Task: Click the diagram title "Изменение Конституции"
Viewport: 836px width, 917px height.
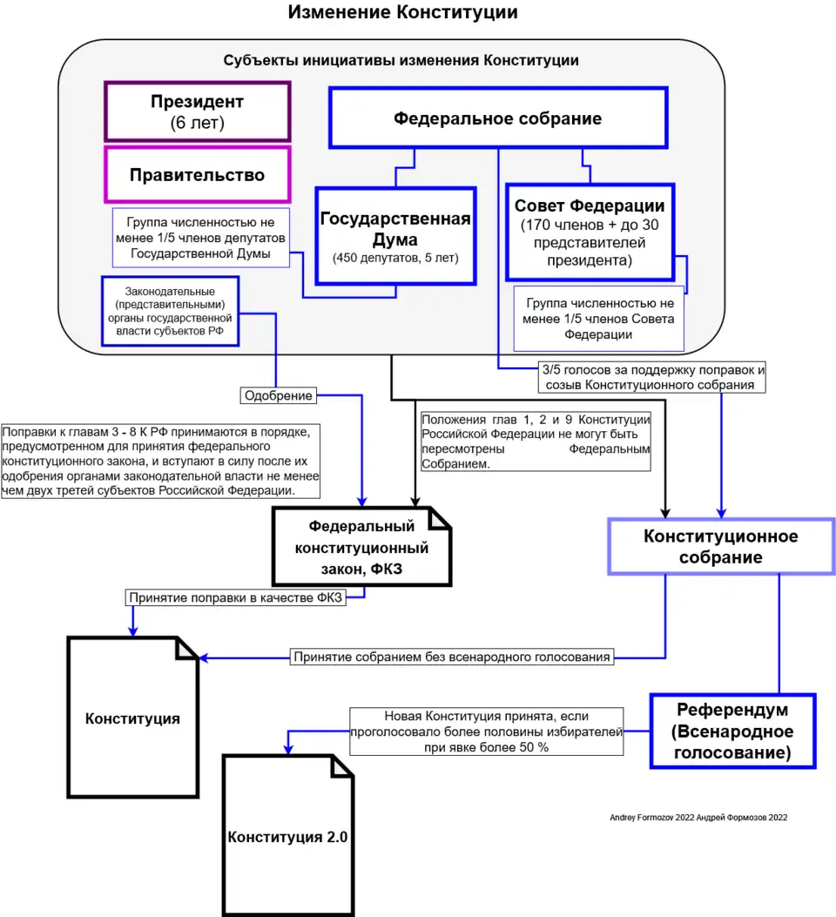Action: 402,13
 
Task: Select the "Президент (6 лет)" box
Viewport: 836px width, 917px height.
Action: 198,111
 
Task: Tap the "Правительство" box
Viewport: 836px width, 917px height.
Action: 198,175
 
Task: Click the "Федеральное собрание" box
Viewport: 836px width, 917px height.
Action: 497,118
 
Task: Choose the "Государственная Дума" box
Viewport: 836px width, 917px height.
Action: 395,235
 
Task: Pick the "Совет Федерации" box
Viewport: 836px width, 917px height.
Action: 590,231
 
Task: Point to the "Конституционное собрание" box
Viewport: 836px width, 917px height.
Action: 720,547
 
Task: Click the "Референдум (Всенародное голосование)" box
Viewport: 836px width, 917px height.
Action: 732,731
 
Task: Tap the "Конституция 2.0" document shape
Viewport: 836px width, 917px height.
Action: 288,837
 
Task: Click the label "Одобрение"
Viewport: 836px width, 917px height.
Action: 278,396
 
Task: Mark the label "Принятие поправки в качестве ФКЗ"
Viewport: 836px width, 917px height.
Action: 235,598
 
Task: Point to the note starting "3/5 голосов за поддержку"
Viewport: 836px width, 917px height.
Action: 652,376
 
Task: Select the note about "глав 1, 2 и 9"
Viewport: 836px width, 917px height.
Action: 536,442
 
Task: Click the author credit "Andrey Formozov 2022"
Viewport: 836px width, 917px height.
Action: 699,818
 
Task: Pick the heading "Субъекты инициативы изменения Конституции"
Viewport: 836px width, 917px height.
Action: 401,61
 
